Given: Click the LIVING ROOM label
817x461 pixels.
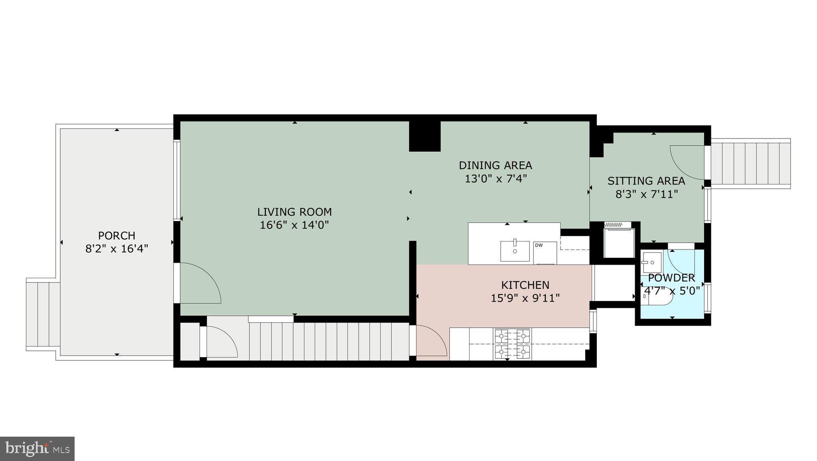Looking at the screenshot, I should pyautogui.click(x=294, y=212).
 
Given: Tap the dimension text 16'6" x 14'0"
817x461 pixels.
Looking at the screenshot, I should pyautogui.click(x=294, y=225).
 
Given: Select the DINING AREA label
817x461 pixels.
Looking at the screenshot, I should pyautogui.click(x=495, y=165).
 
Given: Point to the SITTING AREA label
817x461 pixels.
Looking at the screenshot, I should pyautogui.click(x=646, y=181).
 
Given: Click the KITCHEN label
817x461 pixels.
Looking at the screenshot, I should pyautogui.click(x=525, y=285).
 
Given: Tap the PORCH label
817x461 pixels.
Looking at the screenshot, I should pyautogui.click(x=116, y=235).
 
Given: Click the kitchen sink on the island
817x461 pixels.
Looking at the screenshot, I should pyautogui.click(x=515, y=251).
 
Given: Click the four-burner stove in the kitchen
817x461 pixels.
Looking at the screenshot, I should pyautogui.click(x=513, y=343).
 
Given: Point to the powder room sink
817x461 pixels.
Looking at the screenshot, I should pyautogui.click(x=651, y=262).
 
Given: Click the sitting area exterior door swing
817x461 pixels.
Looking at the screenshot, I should pyautogui.click(x=687, y=162).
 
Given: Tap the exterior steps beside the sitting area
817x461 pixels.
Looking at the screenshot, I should pyautogui.click(x=750, y=164).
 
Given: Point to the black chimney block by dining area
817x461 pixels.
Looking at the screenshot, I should pyautogui.click(x=425, y=136).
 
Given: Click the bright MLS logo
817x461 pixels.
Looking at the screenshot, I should pyautogui.click(x=37, y=448).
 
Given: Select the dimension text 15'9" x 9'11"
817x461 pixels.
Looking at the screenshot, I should pyautogui.click(x=525, y=298).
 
